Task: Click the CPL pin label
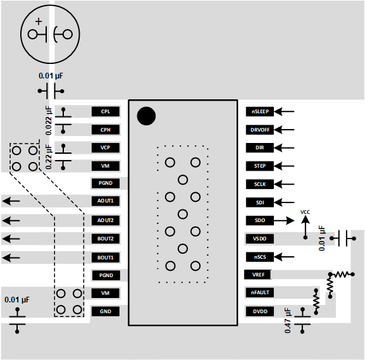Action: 105,111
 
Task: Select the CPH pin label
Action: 105,130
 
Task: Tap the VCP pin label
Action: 105,147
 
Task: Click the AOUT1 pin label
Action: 105,201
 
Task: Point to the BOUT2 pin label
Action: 105,239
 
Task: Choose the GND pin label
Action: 105,311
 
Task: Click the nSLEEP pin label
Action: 260,111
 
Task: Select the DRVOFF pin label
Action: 260,130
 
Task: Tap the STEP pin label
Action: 260,166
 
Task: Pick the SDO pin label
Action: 260,220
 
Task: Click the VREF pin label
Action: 259,275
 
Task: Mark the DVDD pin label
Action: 260,311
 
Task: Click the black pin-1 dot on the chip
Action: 146,116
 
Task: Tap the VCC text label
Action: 305,212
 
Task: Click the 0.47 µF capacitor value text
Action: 288,321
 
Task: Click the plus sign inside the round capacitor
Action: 39,22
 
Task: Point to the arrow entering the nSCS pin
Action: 286,257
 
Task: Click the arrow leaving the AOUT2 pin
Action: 11,220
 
